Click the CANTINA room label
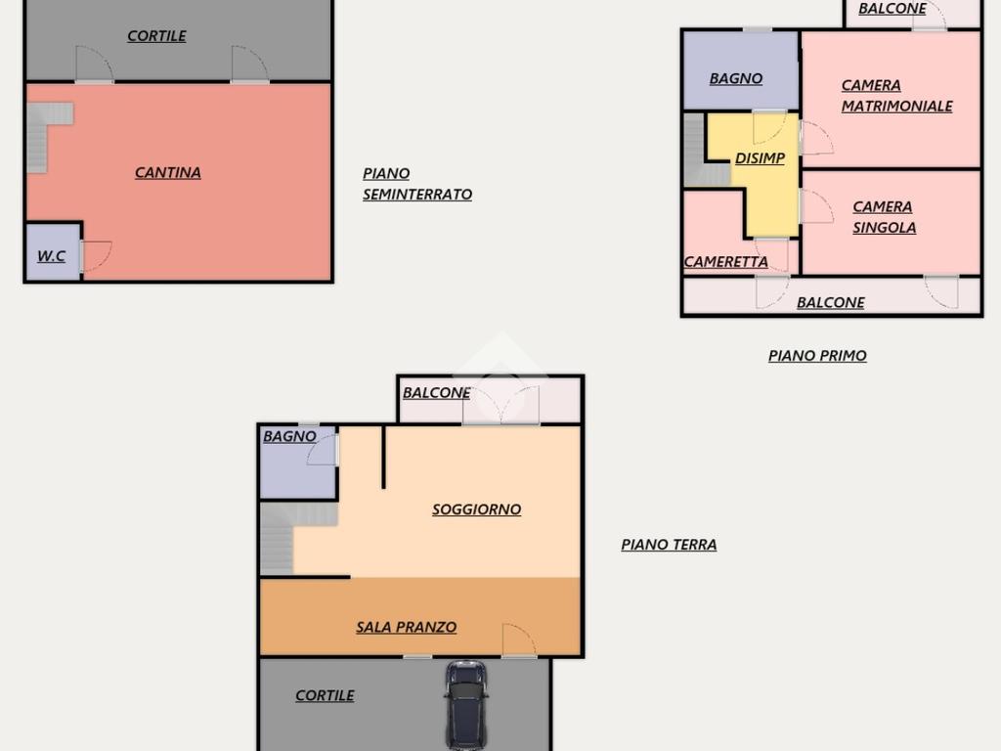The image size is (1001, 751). click(x=168, y=172)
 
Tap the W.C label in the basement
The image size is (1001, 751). click(x=51, y=256)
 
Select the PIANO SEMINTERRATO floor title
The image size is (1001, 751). click(x=417, y=184)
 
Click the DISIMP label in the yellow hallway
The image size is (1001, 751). click(x=760, y=158)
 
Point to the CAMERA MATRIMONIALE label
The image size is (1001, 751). click(x=897, y=96)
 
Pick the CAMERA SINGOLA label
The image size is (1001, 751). click(x=884, y=217)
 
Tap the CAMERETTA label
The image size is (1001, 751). click(x=726, y=262)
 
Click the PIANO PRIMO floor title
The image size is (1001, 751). click(x=817, y=356)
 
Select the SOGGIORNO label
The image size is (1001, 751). click(x=476, y=509)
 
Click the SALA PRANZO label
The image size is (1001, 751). click(x=406, y=627)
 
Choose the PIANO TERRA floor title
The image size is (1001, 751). click(x=669, y=545)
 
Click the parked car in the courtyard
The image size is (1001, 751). click(x=466, y=705)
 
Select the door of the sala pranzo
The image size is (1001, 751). click(x=518, y=640)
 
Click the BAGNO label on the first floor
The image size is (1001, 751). click(x=735, y=78)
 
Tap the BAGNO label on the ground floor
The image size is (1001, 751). click(x=289, y=436)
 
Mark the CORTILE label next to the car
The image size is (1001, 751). click(x=325, y=695)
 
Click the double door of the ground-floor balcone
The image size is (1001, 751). click(x=501, y=405)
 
